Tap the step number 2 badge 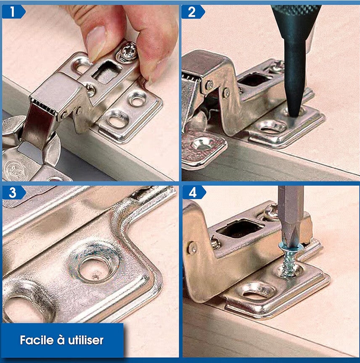193,12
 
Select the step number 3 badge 14,192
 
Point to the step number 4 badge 194,192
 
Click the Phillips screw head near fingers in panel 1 127,51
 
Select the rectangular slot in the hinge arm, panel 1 107,71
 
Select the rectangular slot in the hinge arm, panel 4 240,228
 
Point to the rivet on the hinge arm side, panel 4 192,248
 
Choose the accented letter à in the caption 61,340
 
